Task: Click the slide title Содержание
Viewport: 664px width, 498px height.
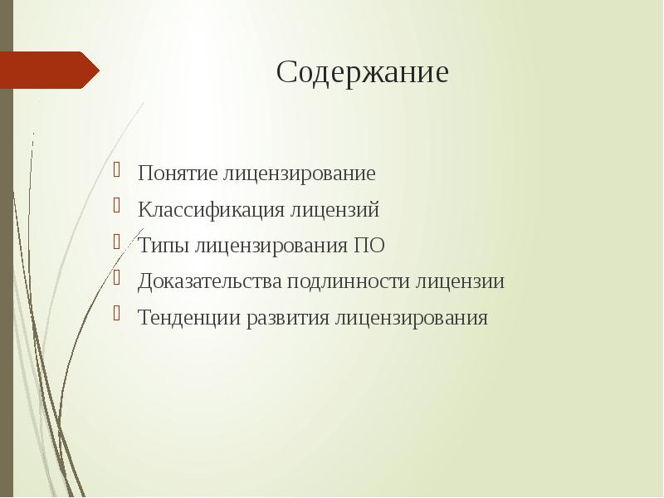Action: [362, 72]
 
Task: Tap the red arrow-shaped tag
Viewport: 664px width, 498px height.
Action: [48, 70]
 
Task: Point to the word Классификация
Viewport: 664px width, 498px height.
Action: [211, 210]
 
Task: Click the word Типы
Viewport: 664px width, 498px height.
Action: [164, 247]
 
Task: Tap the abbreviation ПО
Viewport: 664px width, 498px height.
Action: [369, 247]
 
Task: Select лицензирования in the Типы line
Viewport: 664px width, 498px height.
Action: [271, 247]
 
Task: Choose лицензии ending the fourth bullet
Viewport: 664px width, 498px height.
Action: [460, 281]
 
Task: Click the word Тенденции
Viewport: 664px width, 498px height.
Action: [188, 318]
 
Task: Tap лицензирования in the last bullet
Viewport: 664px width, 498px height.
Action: [412, 318]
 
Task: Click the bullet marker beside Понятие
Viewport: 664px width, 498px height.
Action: [120, 172]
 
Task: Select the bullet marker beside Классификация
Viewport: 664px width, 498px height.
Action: [120, 207]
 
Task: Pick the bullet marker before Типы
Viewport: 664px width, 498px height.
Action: [120, 243]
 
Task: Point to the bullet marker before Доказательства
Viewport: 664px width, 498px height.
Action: [120, 279]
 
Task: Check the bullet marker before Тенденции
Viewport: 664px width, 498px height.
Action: [120, 315]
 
